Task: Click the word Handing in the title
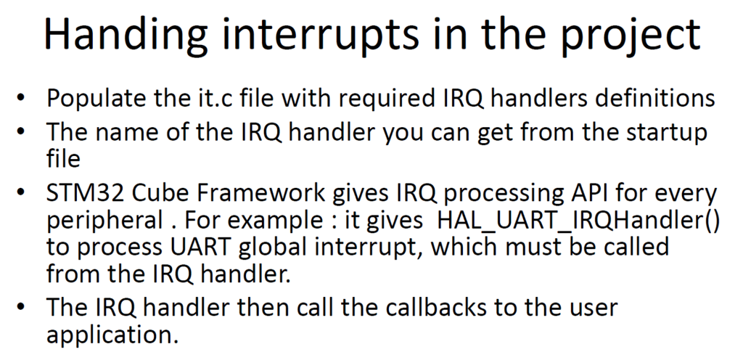click(x=126, y=34)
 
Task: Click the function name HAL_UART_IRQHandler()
click(x=578, y=221)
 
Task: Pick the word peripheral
click(x=104, y=222)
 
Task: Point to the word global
click(x=268, y=248)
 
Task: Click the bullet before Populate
click(x=20, y=98)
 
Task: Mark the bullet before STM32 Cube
click(x=20, y=193)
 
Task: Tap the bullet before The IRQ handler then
click(x=20, y=308)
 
